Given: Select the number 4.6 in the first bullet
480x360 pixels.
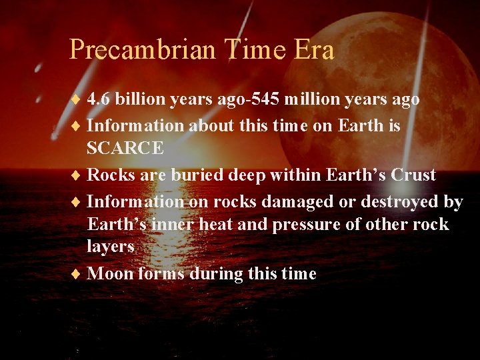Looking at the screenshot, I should click(99, 99).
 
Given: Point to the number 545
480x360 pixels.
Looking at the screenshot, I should click(267, 99).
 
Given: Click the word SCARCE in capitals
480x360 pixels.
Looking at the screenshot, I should click(125, 148).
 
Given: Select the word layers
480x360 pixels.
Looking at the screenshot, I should click(111, 247).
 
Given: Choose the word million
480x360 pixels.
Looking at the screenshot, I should click(313, 99).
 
